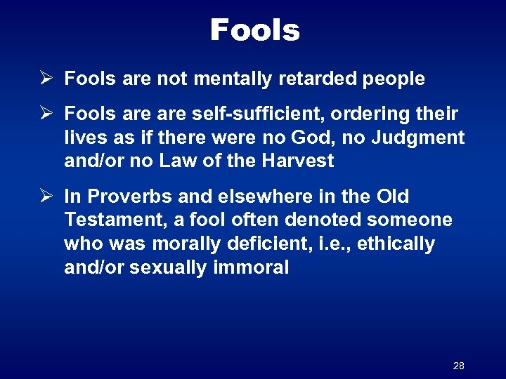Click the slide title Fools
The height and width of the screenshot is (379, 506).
coord(254,30)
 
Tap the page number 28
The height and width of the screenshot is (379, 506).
coord(459,366)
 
